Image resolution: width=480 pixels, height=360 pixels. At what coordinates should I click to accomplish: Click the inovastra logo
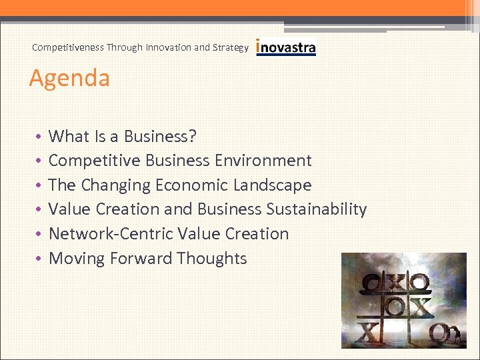pyautogui.click(x=286, y=48)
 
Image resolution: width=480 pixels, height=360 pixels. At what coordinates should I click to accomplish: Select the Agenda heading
pyautogui.click(x=69, y=78)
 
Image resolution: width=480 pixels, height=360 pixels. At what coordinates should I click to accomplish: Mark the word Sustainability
pyautogui.click(x=317, y=209)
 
